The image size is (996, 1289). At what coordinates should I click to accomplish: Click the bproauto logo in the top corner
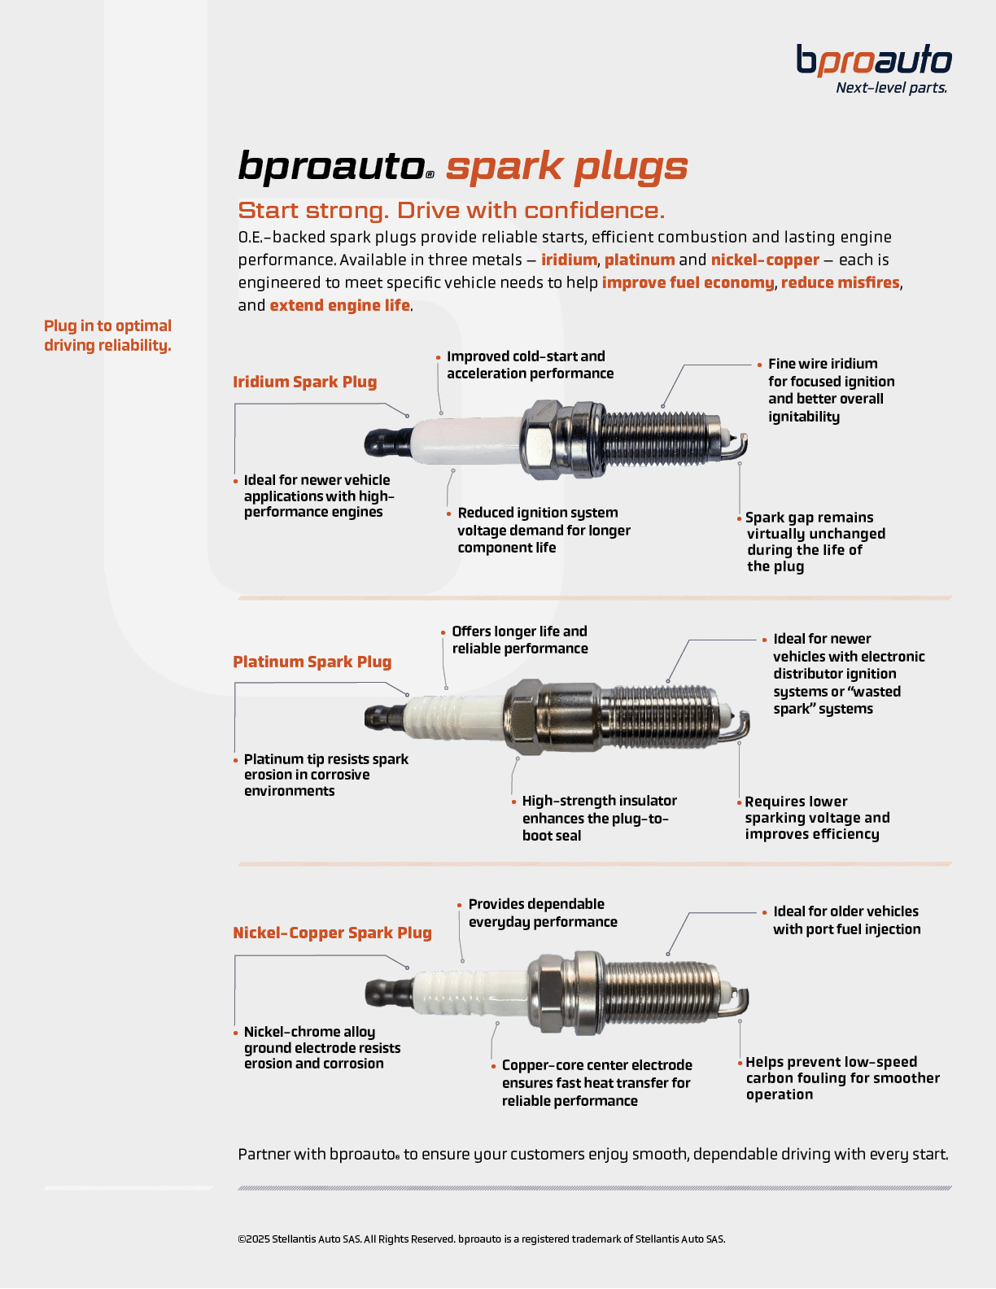873,61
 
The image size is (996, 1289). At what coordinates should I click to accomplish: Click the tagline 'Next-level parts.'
891,88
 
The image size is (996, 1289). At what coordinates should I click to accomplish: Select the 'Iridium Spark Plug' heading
304,382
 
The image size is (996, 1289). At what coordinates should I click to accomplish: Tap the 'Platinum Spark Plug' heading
312,662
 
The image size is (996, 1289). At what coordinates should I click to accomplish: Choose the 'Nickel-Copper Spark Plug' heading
332,933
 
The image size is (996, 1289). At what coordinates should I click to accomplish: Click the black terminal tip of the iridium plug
387,442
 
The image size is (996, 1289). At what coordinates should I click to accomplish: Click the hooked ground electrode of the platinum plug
742,723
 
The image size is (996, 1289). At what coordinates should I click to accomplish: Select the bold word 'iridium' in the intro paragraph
569,260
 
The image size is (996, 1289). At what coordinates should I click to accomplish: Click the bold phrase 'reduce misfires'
840,282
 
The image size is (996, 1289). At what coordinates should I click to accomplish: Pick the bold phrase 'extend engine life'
339,305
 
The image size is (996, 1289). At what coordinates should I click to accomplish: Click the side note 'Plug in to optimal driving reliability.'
107,335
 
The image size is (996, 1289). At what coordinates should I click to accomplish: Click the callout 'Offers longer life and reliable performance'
519,640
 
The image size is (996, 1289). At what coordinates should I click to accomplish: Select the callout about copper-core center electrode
596,1082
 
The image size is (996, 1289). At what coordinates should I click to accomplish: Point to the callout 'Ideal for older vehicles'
846,920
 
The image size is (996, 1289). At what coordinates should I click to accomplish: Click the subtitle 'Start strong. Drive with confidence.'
451,210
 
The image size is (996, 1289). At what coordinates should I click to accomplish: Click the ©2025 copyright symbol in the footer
242,1239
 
